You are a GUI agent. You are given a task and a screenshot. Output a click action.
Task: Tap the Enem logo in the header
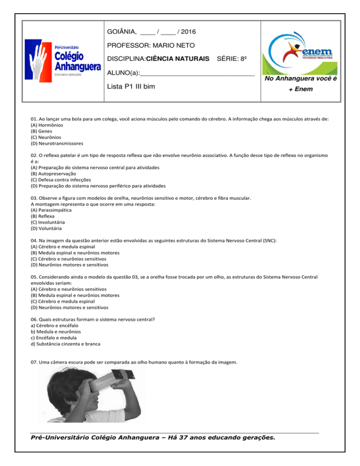point(307,52)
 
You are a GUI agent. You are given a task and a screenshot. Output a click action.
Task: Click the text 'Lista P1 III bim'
point(132,87)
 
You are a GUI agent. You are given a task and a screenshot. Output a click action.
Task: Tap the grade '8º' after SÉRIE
point(242,60)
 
